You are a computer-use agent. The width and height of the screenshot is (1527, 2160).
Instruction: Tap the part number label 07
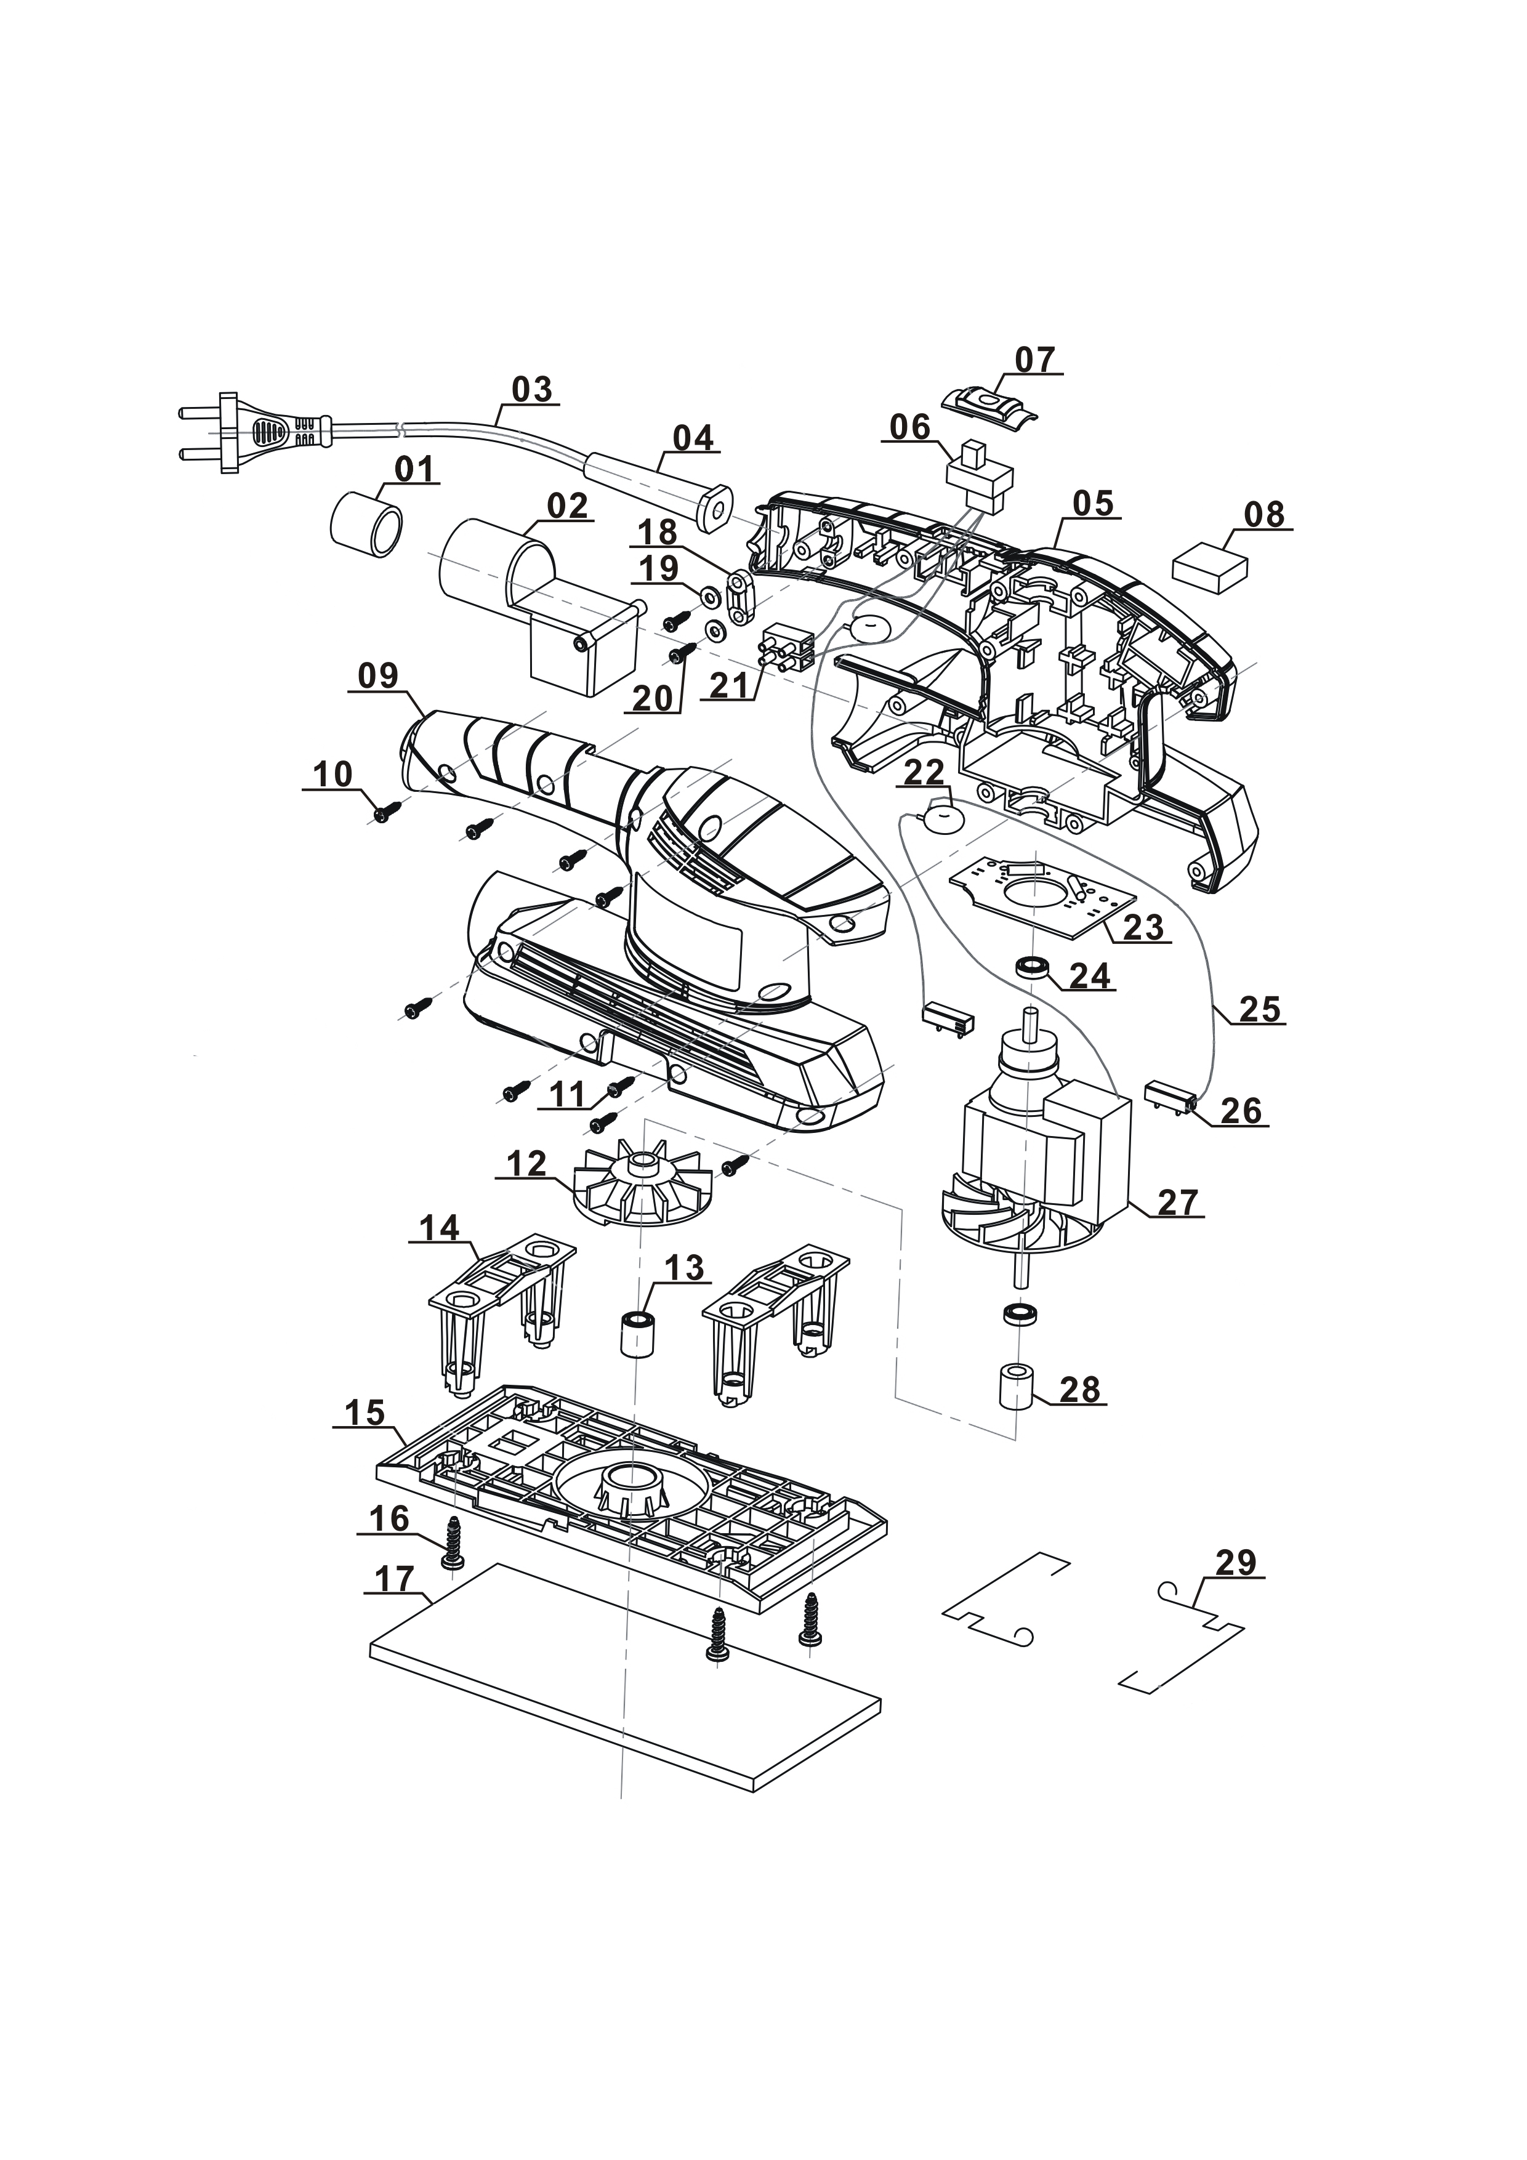coord(1035,360)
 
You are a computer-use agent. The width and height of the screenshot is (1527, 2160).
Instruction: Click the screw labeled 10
coord(385,813)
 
